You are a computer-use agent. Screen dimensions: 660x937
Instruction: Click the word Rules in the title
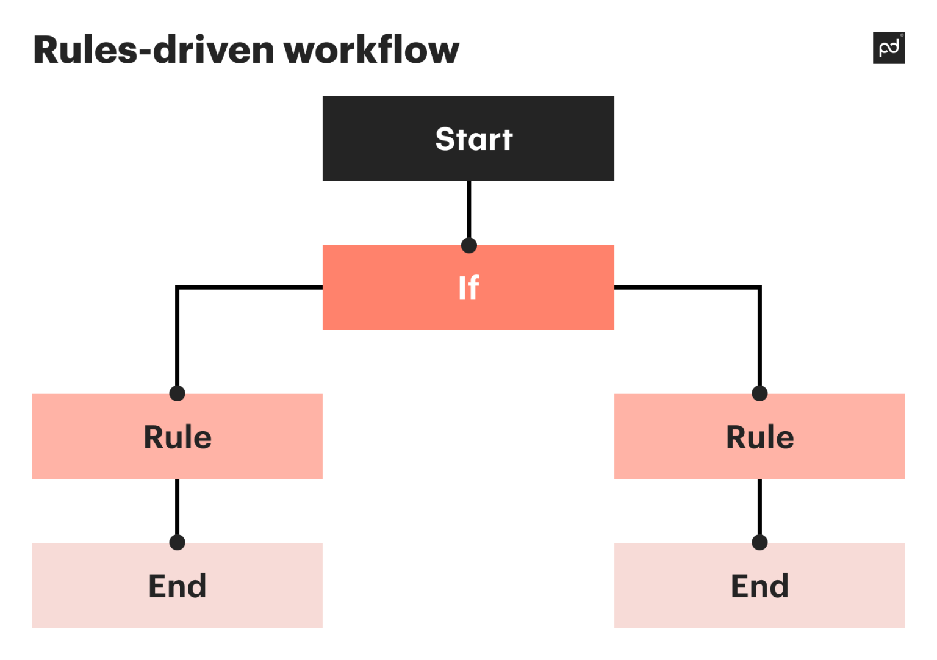[x=85, y=50]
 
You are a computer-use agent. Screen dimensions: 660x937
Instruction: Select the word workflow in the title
[x=371, y=50]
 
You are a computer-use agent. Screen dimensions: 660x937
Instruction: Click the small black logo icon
[x=888, y=48]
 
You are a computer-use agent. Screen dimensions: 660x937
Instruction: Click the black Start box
[x=468, y=138]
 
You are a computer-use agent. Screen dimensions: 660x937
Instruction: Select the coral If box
[x=468, y=287]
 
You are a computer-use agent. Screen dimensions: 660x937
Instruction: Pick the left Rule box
[x=177, y=436]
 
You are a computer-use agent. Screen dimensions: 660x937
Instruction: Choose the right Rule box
[x=759, y=436]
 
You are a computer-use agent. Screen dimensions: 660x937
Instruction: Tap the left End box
[x=177, y=585]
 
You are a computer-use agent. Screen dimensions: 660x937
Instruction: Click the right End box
[x=759, y=585]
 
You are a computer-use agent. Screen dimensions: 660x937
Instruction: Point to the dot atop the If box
[x=468, y=245]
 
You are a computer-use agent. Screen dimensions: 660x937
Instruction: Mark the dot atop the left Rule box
[x=177, y=393]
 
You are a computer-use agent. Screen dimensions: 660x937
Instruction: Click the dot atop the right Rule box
[x=759, y=393]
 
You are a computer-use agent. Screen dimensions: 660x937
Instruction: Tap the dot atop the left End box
[x=177, y=542]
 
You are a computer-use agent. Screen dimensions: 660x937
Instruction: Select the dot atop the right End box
[x=759, y=542]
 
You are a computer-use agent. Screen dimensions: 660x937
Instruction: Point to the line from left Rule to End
[x=177, y=506]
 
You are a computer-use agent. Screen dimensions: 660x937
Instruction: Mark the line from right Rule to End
[x=759, y=506]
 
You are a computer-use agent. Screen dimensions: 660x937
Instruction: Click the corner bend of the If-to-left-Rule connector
[x=177, y=287]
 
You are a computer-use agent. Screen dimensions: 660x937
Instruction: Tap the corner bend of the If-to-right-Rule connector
[x=759, y=287]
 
